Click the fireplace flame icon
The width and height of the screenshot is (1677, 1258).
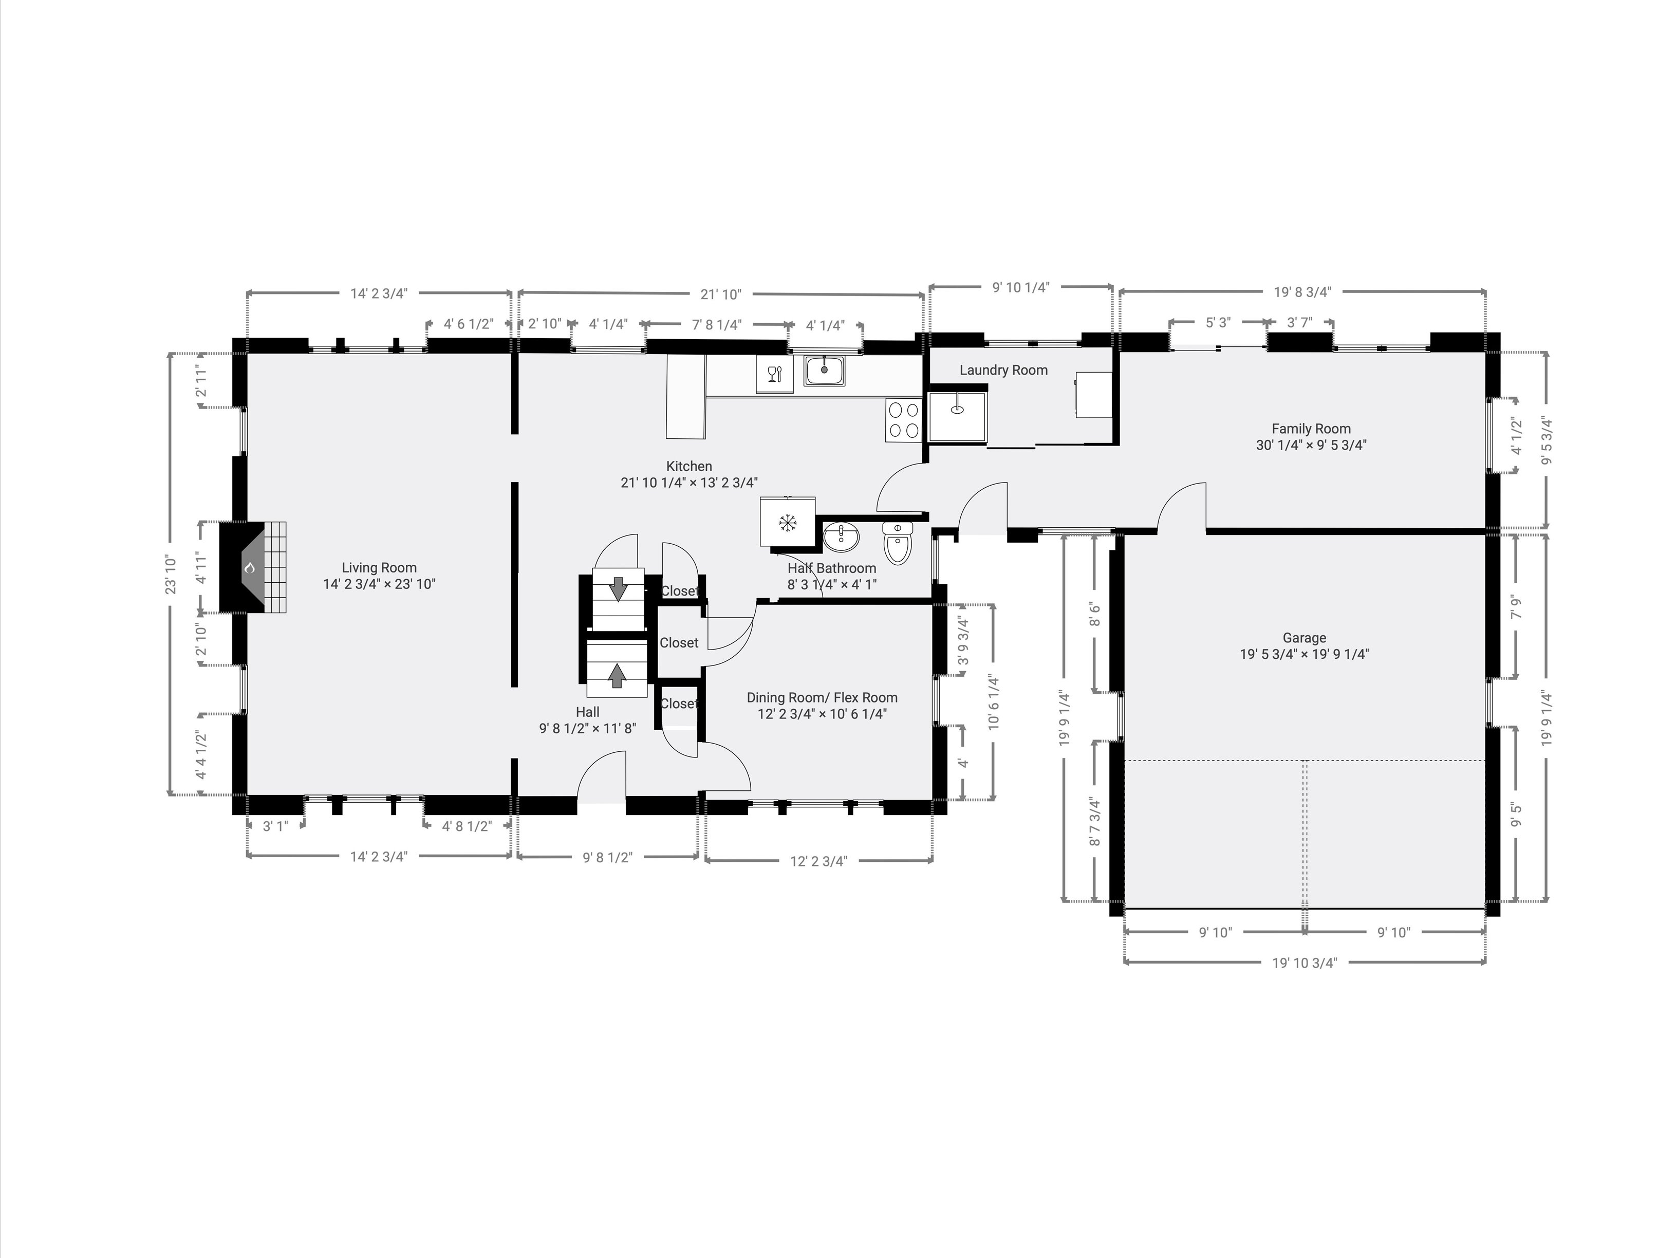(x=249, y=568)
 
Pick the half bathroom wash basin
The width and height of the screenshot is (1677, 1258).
(x=842, y=537)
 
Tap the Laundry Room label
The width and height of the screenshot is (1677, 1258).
(x=1003, y=370)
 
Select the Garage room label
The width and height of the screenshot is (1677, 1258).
(x=1304, y=638)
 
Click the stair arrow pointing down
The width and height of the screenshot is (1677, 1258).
(x=619, y=588)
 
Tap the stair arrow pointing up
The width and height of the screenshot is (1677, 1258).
(x=617, y=675)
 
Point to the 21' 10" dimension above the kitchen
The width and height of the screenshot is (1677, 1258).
(x=720, y=294)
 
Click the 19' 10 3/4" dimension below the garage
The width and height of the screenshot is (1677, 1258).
(x=1304, y=963)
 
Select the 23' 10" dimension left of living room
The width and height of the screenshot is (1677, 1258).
(x=171, y=574)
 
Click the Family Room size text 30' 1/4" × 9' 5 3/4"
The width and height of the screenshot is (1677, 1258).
(x=1311, y=445)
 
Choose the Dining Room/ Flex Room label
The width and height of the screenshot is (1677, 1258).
(x=822, y=698)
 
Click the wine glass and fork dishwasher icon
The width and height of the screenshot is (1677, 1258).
(x=774, y=374)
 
